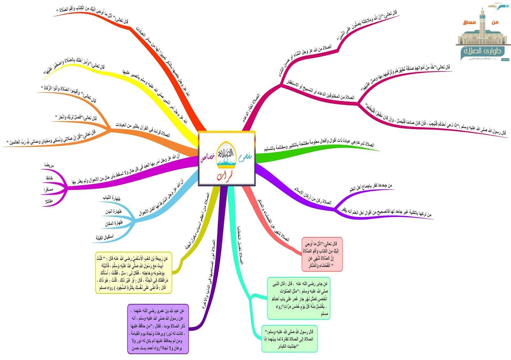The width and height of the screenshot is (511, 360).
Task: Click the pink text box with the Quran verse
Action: click(322, 255)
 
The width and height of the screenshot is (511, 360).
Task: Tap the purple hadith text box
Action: click(158, 329)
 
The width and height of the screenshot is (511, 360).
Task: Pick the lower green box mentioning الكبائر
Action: click(289, 339)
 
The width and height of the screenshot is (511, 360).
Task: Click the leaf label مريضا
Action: click(49, 165)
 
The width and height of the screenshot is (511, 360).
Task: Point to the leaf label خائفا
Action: click(49, 178)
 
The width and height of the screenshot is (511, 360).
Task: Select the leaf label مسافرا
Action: click(49, 190)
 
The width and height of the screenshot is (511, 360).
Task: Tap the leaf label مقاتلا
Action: click(49, 201)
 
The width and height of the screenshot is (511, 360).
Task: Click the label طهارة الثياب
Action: click(111, 198)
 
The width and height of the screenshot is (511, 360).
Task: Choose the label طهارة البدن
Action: click(113, 211)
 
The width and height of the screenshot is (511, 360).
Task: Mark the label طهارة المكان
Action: click(114, 223)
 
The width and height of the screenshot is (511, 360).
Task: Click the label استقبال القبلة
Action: click(105, 237)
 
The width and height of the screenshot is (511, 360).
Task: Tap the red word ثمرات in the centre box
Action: click(225, 176)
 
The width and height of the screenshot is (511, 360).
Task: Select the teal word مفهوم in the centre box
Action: click(245, 157)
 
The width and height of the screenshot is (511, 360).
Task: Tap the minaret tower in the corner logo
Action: click(482, 26)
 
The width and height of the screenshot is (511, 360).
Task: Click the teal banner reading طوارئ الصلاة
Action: click(482, 51)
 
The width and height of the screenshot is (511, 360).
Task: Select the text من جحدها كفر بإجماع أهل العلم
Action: click(370, 188)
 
